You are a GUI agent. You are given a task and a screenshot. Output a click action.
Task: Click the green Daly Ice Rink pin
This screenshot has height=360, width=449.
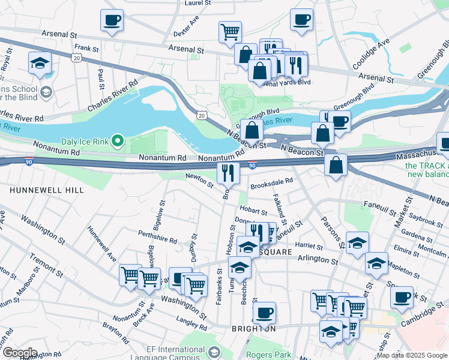coord(118,142)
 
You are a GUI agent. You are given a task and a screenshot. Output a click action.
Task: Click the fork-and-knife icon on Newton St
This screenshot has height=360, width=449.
coord(228,173)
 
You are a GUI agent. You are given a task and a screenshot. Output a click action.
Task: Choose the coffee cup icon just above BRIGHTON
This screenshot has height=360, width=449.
coord(264,312)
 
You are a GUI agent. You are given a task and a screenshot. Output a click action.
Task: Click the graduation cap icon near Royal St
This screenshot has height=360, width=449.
coord(40,63)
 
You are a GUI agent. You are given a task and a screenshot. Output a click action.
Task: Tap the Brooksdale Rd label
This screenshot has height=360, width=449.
coord(271,181)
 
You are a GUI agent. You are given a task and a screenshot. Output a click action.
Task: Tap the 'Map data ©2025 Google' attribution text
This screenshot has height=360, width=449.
coord(411,355)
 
